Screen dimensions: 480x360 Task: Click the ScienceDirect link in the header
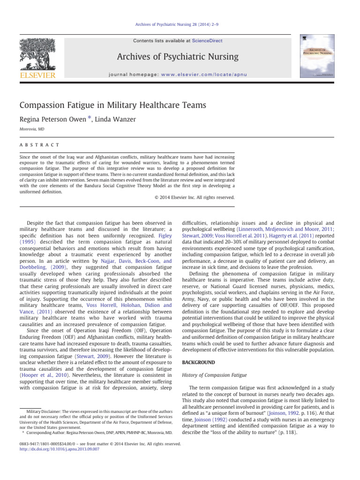click(203, 41)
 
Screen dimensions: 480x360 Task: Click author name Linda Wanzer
click(116, 120)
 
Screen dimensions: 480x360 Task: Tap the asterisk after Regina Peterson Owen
click(89, 119)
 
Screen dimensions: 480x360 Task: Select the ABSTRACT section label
click(39, 145)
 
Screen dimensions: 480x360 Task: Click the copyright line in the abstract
click(194, 197)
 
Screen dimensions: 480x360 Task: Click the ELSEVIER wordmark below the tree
click(37, 75)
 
